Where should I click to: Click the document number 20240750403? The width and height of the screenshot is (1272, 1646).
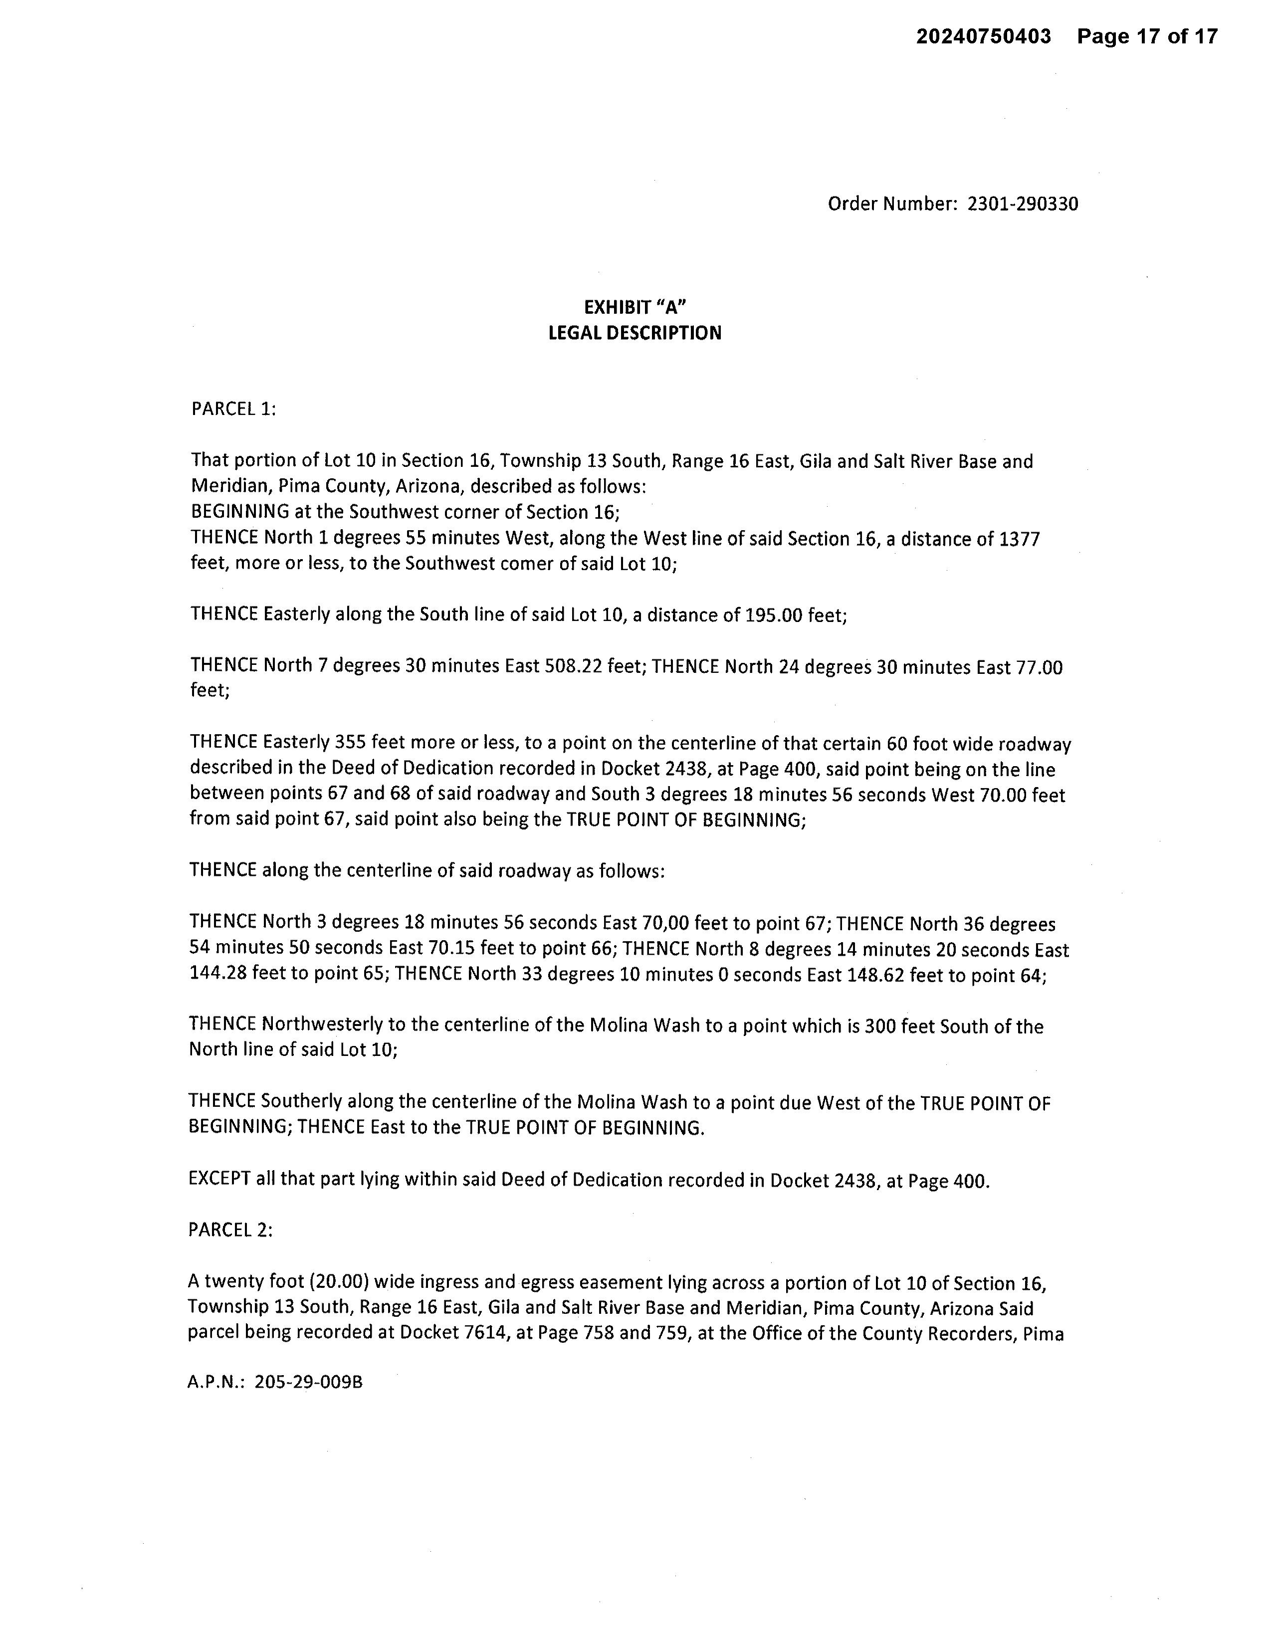pyautogui.click(x=983, y=36)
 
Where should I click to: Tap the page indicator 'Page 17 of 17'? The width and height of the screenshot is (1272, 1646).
pyautogui.click(x=1147, y=36)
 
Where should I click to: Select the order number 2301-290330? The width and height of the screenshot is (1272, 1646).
pyautogui.click(x=1023, y=204)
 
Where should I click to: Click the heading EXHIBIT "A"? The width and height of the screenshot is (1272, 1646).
pyautogui.click(x=635, y=307)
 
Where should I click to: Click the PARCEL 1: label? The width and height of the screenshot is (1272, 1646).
pyautogui.click(x=233, y=409)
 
